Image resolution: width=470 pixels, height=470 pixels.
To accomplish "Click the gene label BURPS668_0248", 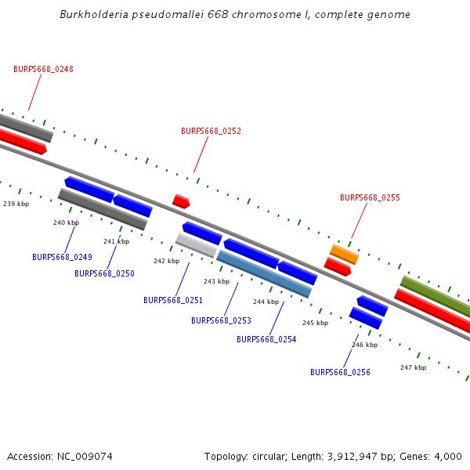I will (43, 69).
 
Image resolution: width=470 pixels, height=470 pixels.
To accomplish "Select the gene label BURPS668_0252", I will (211, 132).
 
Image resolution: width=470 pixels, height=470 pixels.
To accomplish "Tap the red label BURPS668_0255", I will (370, 198).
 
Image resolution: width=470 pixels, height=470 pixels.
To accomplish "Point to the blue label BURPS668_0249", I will (62, 257).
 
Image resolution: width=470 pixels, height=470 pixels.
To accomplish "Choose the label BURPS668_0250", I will (104, 273).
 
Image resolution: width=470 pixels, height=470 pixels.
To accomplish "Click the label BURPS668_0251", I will (173, 300).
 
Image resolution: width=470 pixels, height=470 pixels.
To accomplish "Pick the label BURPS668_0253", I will (221, 320).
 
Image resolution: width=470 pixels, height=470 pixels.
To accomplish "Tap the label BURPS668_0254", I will (266, 339).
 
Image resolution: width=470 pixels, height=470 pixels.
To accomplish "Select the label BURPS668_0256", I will (340, 372).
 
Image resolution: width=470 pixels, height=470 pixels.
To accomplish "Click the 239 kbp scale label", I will (16, 204).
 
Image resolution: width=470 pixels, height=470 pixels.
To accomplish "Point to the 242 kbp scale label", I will (166, 261).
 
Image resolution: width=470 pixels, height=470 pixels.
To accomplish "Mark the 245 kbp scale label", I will (315, 323).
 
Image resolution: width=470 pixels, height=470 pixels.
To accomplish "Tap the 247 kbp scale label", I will (413, 367).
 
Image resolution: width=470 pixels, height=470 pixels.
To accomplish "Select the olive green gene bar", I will (436, 296).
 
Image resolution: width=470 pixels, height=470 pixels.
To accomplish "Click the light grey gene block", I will (196, 245).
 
